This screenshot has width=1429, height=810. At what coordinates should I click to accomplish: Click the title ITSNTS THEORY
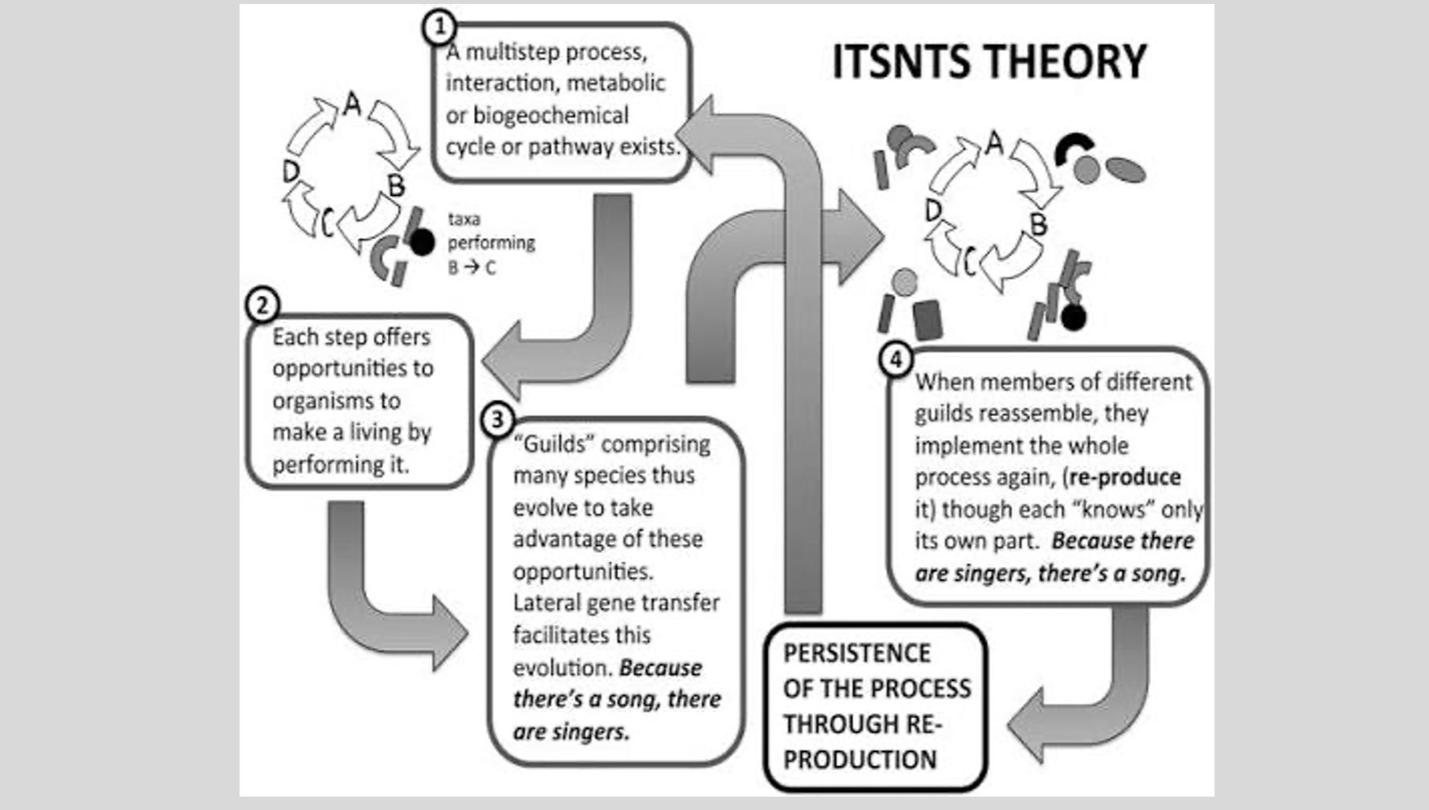989,61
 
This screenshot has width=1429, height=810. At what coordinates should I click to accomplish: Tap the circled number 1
439,27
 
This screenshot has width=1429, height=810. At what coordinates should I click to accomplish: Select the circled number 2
262,304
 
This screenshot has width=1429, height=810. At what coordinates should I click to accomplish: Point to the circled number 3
497,419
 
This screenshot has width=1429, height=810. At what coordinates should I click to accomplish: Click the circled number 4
895,359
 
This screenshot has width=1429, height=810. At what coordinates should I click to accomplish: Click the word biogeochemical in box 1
550,116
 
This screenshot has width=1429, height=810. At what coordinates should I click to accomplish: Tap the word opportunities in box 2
353,369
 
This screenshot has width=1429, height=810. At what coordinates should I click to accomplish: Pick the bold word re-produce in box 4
1125,477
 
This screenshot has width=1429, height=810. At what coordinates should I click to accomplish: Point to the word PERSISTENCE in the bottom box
857,653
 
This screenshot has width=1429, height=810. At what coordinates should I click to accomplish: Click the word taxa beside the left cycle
464,219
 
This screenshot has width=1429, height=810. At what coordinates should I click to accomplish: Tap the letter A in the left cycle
352,103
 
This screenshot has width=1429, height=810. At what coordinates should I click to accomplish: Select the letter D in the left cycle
291,171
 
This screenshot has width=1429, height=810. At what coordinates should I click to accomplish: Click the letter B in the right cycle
1039,224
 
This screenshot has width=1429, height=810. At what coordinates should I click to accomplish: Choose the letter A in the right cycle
995,142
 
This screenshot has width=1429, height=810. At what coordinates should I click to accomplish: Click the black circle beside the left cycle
422,243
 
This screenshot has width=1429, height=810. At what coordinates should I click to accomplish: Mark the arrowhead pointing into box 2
501,361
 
